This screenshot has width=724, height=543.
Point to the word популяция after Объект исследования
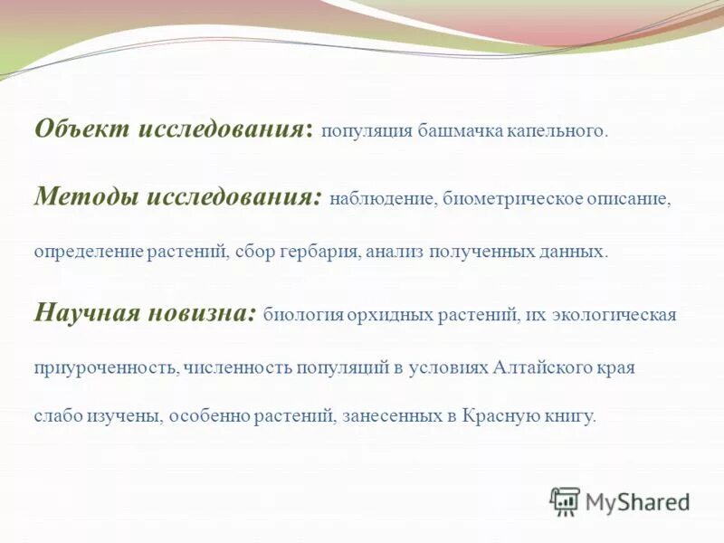pos(366,131)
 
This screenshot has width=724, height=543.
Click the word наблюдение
pos(383,198)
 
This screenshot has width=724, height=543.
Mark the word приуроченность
pos(106,367)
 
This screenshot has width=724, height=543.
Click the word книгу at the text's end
pos(570,416)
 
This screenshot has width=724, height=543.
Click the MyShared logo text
pos(638,501)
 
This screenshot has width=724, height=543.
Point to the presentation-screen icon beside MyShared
pos(565,500)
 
